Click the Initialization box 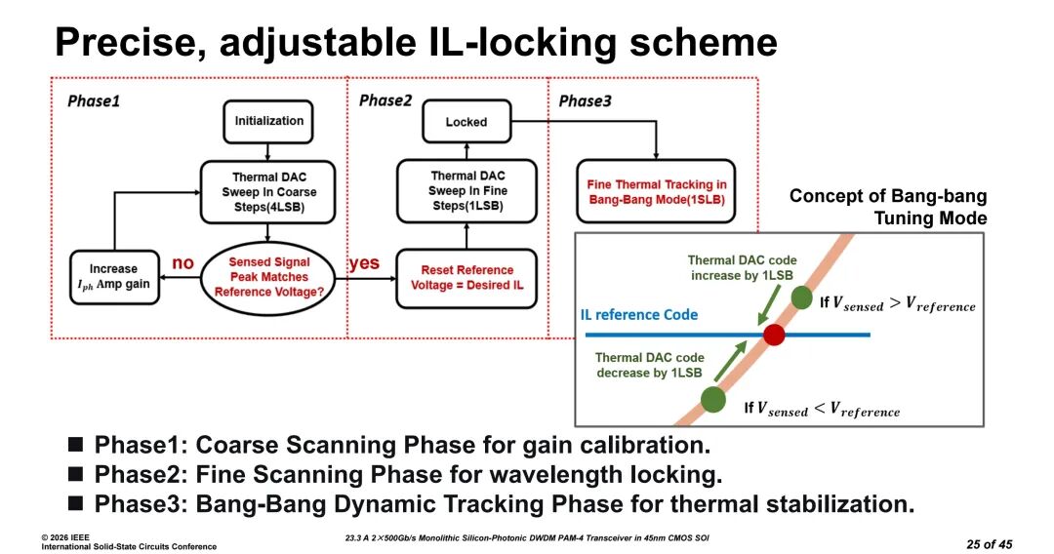268,122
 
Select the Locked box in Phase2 466,122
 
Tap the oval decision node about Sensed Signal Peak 268,278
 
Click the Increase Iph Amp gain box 114,277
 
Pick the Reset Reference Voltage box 466,278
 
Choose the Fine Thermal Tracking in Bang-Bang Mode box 656,192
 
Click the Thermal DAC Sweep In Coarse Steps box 268,192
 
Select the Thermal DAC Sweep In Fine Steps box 466,191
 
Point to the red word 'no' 182,263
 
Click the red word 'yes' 364,263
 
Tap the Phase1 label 94,101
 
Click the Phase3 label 585,101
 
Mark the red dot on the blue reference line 774,335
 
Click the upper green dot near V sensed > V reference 801,297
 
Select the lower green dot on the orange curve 713,399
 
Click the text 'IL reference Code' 638,315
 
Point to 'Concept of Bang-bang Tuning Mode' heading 888,207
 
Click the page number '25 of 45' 989,544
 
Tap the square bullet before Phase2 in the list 76,474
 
